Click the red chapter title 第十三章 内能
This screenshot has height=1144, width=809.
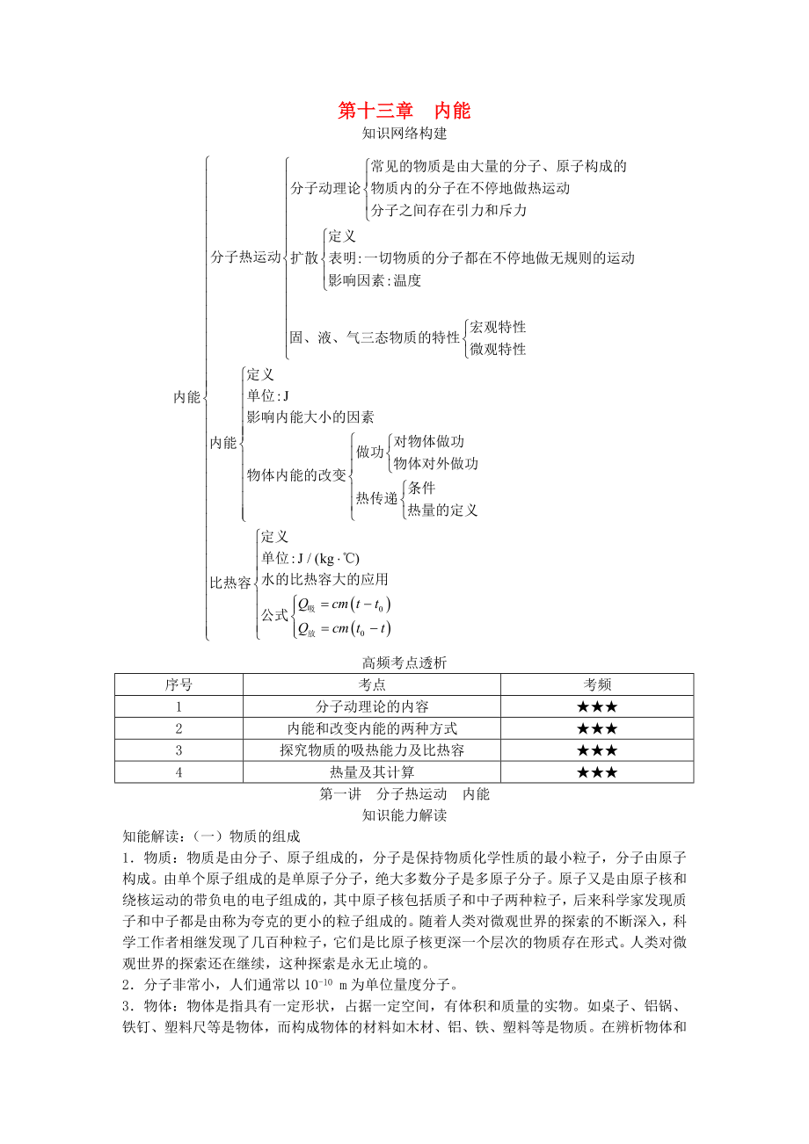pyautogui.click(x=404, y=111)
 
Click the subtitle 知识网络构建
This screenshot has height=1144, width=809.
pyautogui.click(x=404, y=134)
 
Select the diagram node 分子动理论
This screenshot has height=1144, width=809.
pyautogui.click(x=325, y=188)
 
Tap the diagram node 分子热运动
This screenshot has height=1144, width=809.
pyautogui.click(x=245, y=257)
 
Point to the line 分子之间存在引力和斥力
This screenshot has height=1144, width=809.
pyautogui.click(x=448, y=210)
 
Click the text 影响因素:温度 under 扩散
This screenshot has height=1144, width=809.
pyautogui.click(x=375, y=280)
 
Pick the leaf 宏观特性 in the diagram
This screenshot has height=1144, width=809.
pyautogui.click(x=498, y=327)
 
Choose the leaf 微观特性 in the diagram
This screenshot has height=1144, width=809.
pyautogui.click(x=498, y=349)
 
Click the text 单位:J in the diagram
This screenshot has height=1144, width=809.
pyautogui.click(x=268, y=395)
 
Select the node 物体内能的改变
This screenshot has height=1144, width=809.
pyautogui.click(x=296, y=474)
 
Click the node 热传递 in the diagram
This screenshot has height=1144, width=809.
pyautogui.click(x=377, y=498)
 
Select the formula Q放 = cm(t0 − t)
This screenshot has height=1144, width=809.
pyautogui.click(x=344, y=628)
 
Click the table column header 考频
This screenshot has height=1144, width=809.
pyautogui.click(x=597, y=684)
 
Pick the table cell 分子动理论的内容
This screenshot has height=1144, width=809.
pyautogui.click(x=372, y=706)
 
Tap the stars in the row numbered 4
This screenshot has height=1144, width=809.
pyautogui.click(x=597, y=772)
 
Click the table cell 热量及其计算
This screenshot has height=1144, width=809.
pyautogui.click(x=372, y=772)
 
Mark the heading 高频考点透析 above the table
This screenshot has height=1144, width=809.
pyautogui.click(x=404, y=663)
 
